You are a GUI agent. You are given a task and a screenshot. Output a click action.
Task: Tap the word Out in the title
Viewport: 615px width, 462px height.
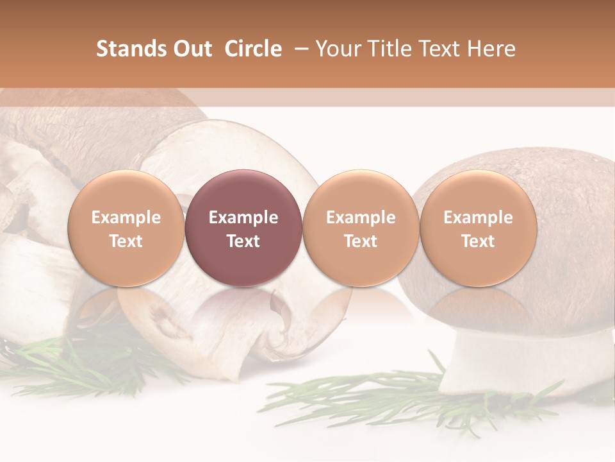tap(191, 49)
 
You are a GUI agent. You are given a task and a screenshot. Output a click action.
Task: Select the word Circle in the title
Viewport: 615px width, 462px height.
tap(253, 49)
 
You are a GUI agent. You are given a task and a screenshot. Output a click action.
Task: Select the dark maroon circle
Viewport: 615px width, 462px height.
tap(243, 228)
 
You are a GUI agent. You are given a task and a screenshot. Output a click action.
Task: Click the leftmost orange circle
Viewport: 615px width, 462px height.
tap(126, 228)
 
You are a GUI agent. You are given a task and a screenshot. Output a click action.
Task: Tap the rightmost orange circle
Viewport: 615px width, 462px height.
tap(478, 228)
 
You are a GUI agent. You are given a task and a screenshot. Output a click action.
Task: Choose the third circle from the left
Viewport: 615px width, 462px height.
tap(361, 228)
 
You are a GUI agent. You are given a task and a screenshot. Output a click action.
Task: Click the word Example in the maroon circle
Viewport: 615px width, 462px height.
tap(243, 218)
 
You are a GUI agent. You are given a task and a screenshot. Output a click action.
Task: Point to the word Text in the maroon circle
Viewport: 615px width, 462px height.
tap(243, 241)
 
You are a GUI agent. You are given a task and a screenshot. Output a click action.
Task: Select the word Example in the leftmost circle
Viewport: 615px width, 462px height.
tap(126, 218)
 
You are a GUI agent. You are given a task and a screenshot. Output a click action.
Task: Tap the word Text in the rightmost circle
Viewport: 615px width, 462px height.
tap(478, 241)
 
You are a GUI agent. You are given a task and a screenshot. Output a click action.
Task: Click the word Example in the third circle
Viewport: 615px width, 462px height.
tap(361, 218)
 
